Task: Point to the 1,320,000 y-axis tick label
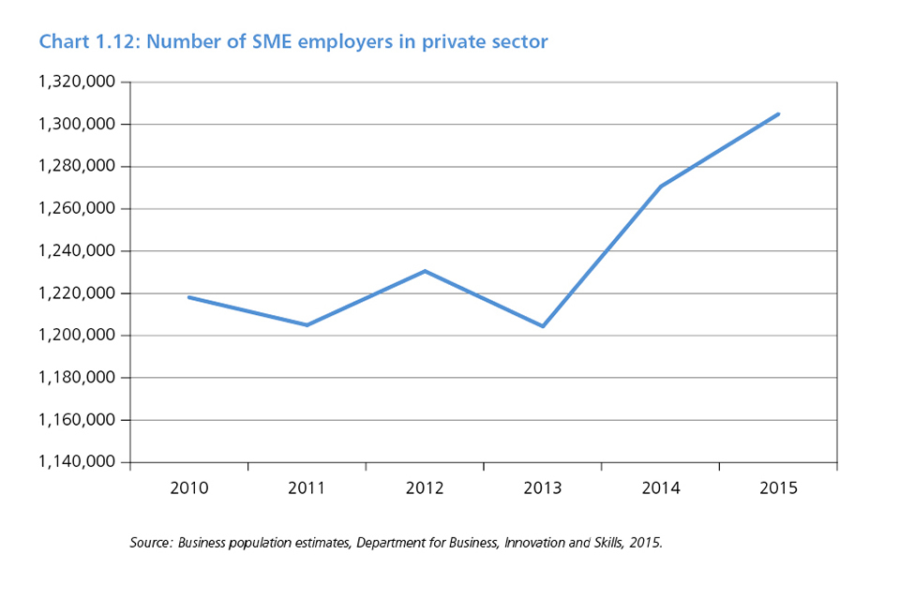77,82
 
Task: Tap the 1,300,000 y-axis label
77,124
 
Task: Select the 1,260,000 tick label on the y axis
77,208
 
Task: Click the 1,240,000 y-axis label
77,251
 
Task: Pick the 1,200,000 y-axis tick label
77,336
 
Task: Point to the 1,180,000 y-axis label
77,378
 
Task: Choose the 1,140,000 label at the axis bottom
77,462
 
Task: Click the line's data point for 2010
188,297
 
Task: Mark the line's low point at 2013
543,326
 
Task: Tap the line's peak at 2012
425,271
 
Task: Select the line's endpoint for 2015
778,114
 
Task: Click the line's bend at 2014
661,187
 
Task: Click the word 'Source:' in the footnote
151,543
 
